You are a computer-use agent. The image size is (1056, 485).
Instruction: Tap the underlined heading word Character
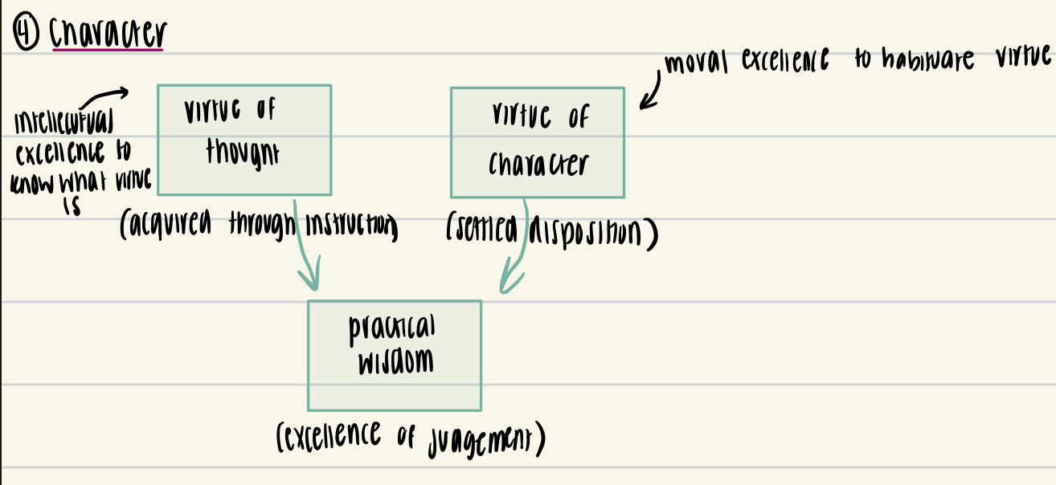pos(107,33)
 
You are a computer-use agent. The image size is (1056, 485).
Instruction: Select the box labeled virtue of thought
pos(244,140)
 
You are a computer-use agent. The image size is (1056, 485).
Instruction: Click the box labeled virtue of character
pos(537,142)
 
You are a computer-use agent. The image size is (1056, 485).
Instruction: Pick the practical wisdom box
pos(394,355)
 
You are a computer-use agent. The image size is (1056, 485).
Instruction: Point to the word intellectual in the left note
pos(64,124)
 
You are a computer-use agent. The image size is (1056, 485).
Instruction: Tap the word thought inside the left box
pos(242,151)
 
